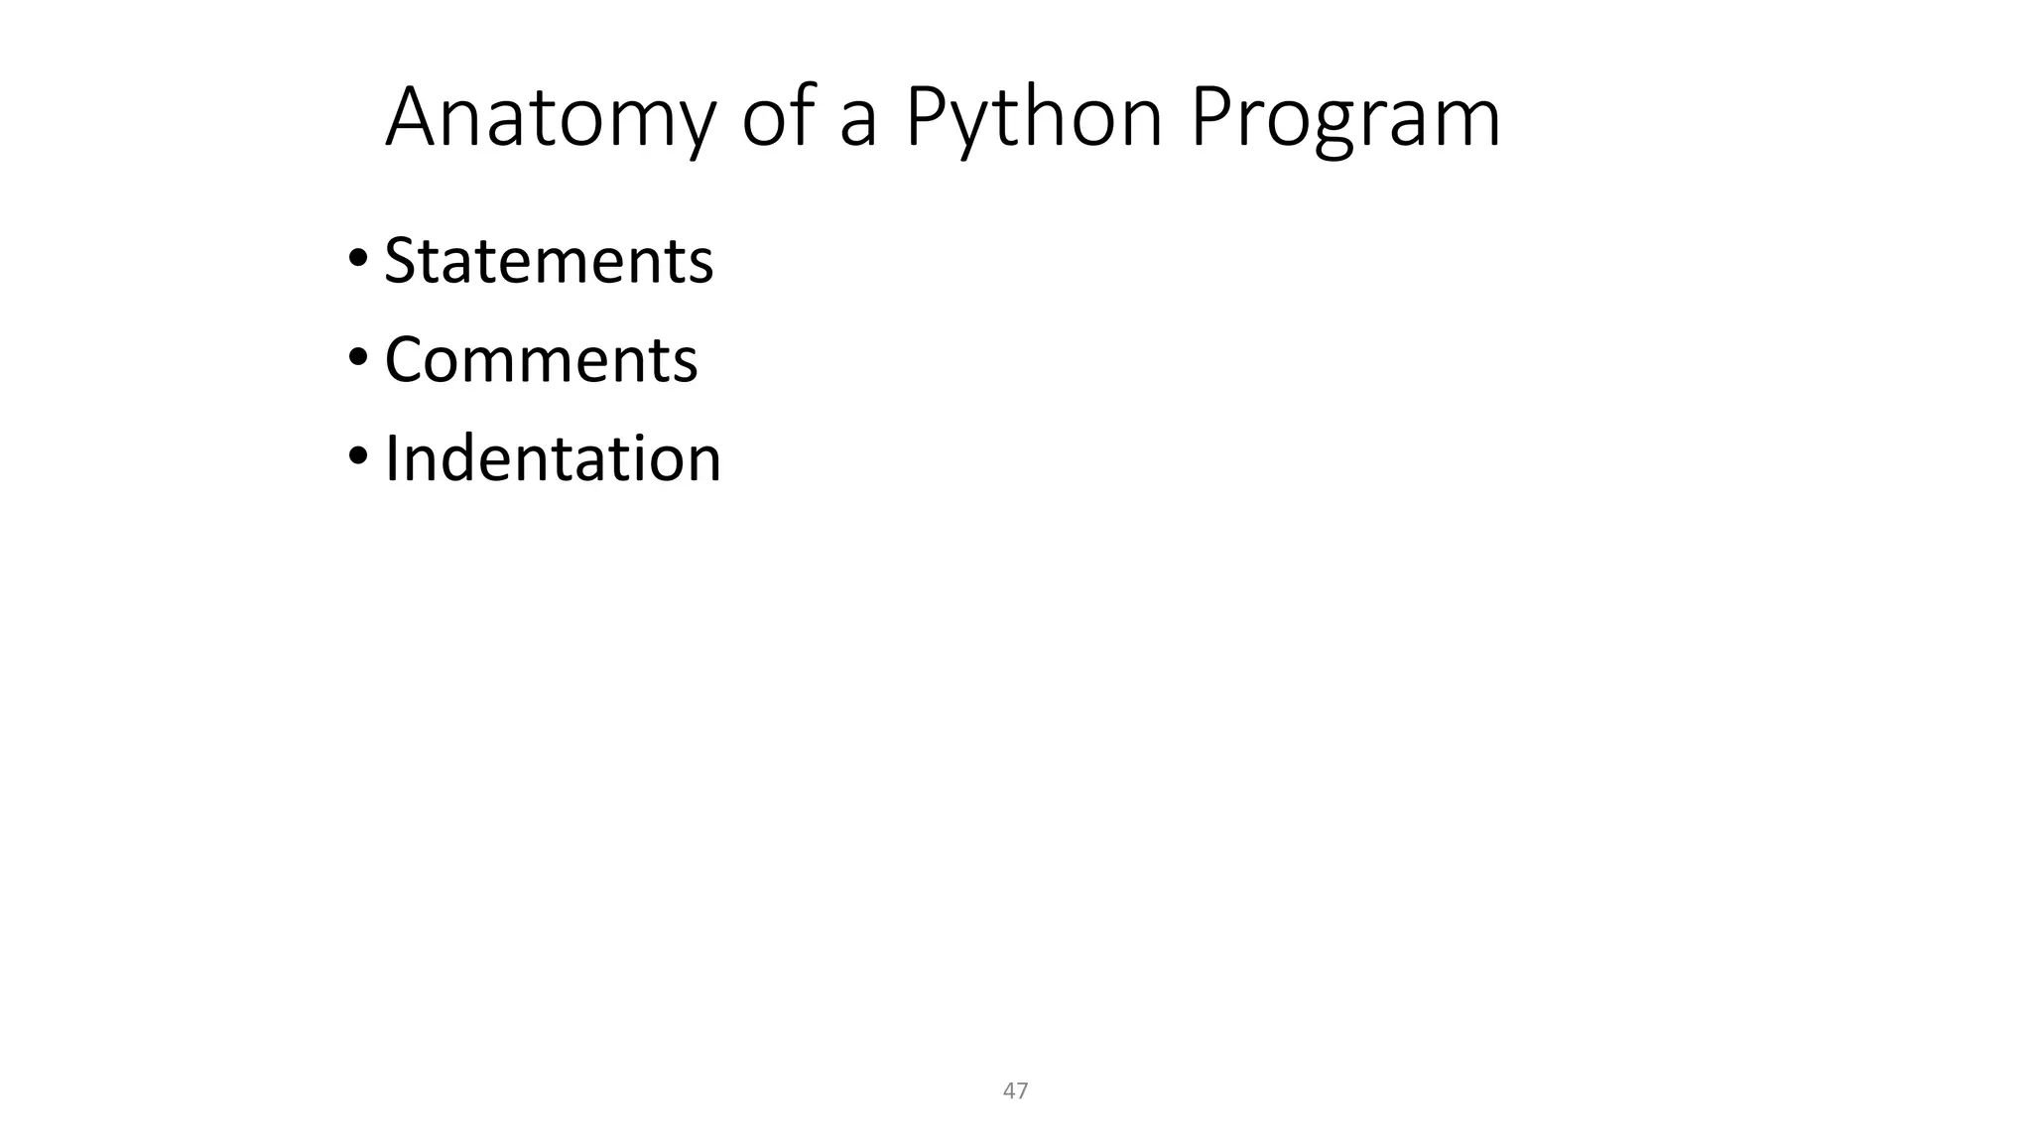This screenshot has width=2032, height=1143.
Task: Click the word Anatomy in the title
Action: (x=549, y=118)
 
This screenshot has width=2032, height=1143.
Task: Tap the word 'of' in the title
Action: (x=781, y=118)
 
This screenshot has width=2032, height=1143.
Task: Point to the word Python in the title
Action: (x=1033, y=118)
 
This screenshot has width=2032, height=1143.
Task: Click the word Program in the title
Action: (x=1344, y=118)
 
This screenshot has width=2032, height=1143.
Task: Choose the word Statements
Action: (x=549, y=261)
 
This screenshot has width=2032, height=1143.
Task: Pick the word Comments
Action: (x=541, y=359)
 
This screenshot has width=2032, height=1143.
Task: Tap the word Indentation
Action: (x=553, y=458)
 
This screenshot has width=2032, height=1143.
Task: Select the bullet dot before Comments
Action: (x=357, y=358)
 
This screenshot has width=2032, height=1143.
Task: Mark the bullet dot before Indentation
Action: (x=357, y=457)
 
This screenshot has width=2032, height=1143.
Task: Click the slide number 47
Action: (x=1015, y=1091)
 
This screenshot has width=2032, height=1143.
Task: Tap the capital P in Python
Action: (x=925, y=118)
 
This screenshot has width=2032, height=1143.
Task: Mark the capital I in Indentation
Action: (x=391, y=458)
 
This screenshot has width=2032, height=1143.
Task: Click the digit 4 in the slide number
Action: (x=1009, y=1091)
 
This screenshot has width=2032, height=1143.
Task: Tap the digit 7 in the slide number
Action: (x=1022, y=1091)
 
